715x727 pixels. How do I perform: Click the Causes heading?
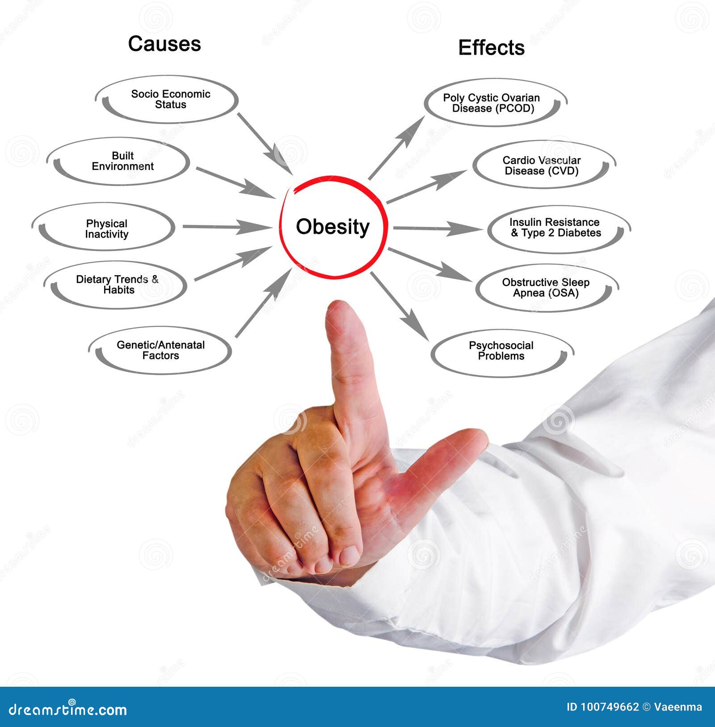tap(164, 44)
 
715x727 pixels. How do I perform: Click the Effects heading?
tap(491, 48)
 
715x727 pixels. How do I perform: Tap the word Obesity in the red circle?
tap(332, 227)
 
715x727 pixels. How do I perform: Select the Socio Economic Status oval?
tap(166, 99)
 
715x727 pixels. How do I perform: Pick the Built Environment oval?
tap(118, 161)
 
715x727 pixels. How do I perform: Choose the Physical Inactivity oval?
tap(103, 229)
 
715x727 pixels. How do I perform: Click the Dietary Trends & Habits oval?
tap(115, 285)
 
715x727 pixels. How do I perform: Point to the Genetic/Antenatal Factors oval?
tap(160, 350)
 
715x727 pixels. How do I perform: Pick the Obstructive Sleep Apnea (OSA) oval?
tap(547, 288)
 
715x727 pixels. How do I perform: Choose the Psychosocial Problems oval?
tap(502, 351)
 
